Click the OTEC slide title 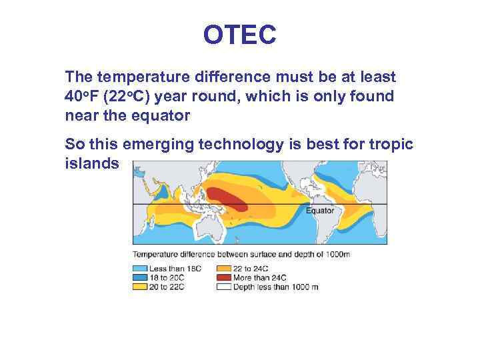[x=239, y=35]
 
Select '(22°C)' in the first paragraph [x=130, y=97]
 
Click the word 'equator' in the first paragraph [x=161, y=116]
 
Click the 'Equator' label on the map [x=319, y=211]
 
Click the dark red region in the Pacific [x=227, y=197]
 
